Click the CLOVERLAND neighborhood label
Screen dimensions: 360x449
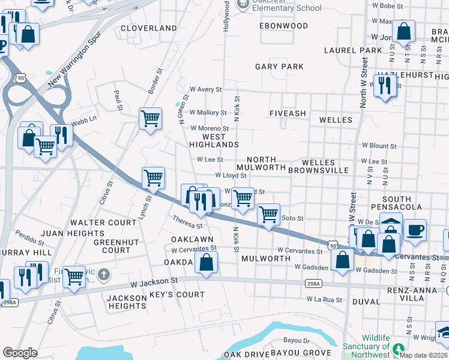[x=149, y=28]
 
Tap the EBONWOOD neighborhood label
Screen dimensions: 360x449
[x=283, y=26]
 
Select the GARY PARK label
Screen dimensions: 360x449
[x=279, y=67]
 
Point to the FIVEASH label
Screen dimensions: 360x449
[x=288, y=113]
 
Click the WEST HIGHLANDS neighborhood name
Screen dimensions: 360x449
[x=214, y=140]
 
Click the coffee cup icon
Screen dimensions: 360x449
[x=415, y=230]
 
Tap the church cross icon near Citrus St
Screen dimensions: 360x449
[x=104, y=275]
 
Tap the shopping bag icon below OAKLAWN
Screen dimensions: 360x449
[x=206, y=262]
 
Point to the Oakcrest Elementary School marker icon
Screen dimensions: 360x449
[x=243, y=5]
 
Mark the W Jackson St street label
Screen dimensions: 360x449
[x=158, y=280]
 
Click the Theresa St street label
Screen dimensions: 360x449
[x=187, y=222]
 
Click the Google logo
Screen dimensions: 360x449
[x=20, y=353]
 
